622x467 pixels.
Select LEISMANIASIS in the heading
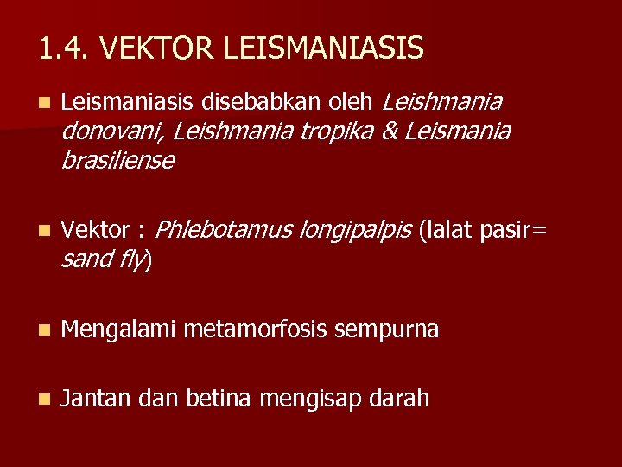324,48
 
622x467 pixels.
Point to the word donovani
114,131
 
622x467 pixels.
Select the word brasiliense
117,161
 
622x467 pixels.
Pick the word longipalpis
355,231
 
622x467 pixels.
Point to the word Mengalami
119,329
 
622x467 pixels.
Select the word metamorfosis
256,329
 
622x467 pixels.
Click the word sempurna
386,329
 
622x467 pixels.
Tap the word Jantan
95,399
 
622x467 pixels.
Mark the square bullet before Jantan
45,400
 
